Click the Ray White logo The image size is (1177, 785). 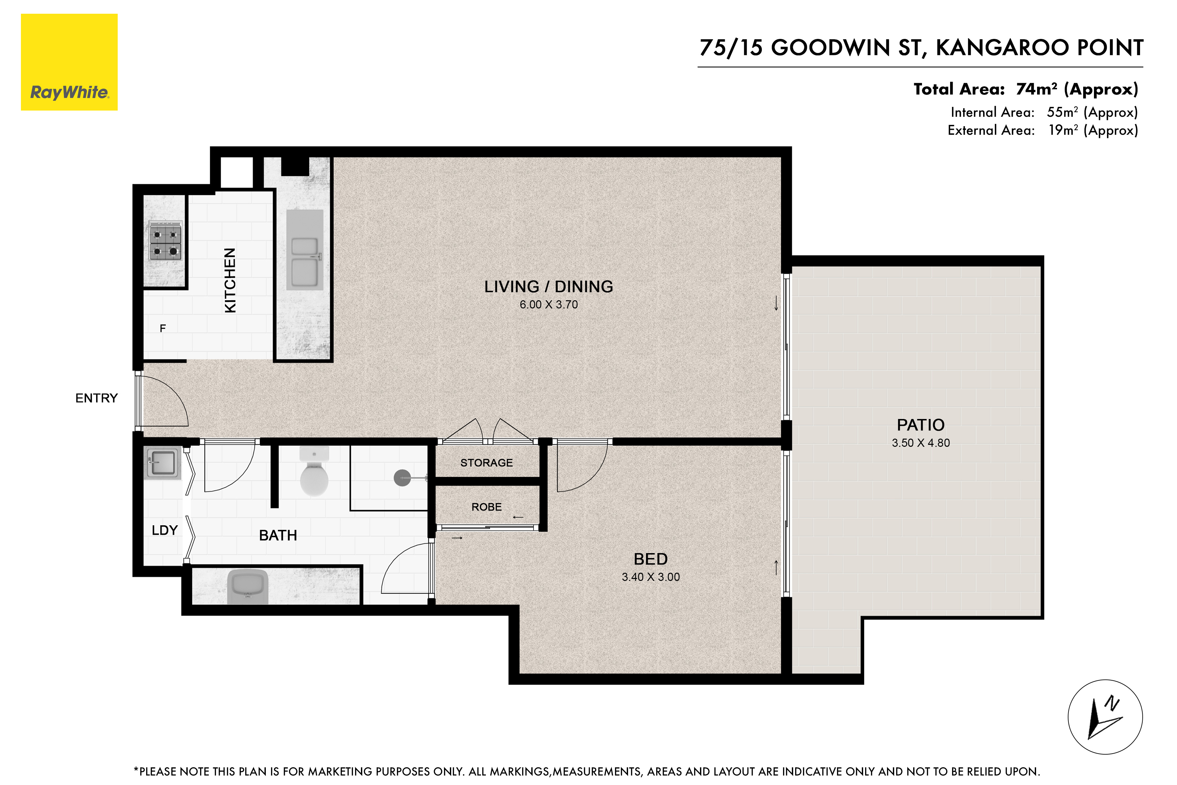(x=69, y=62)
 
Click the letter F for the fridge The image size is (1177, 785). (x=162, y=328)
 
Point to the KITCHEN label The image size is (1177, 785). (x=230, y=280)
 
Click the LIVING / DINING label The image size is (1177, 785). (x=549, y=287)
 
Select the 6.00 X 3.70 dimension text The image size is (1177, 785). (x=549, y=305)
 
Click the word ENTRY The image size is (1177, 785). (x=96, y=398)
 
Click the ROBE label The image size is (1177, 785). (x=486, y=507)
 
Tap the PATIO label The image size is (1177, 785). (x=921, y=425)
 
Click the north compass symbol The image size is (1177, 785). (x=1105, y=717)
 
